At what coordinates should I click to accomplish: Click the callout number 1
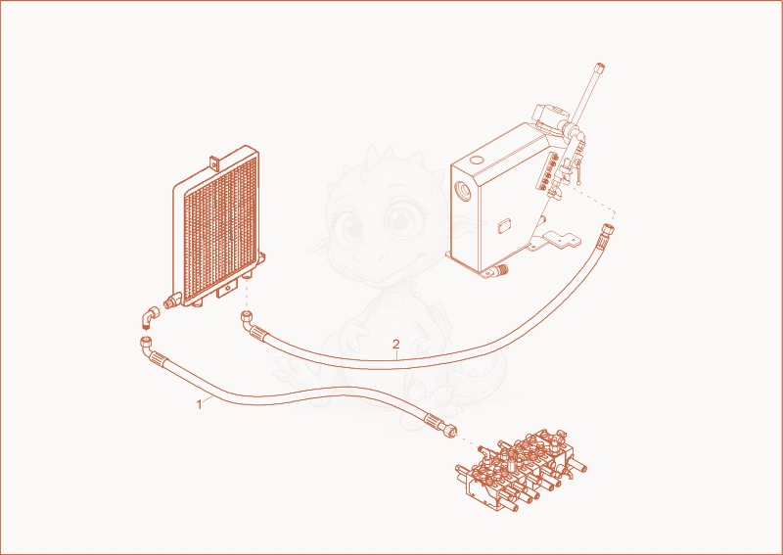(200, 404)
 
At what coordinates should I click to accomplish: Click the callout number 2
(396, 345)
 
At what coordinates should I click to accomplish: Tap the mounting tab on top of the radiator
(213, 162)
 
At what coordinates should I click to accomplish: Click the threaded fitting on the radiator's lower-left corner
(172, 301)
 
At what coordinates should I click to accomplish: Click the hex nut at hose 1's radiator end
(145, 343)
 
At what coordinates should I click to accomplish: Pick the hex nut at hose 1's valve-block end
(450, 431)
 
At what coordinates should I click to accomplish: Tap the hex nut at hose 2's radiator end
(247, 317)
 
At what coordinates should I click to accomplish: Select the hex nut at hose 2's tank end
(608, 230)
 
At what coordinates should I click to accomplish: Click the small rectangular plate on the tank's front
(502, 225)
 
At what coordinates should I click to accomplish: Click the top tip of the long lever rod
(600, 66)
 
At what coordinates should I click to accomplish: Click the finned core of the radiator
(221, 227)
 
